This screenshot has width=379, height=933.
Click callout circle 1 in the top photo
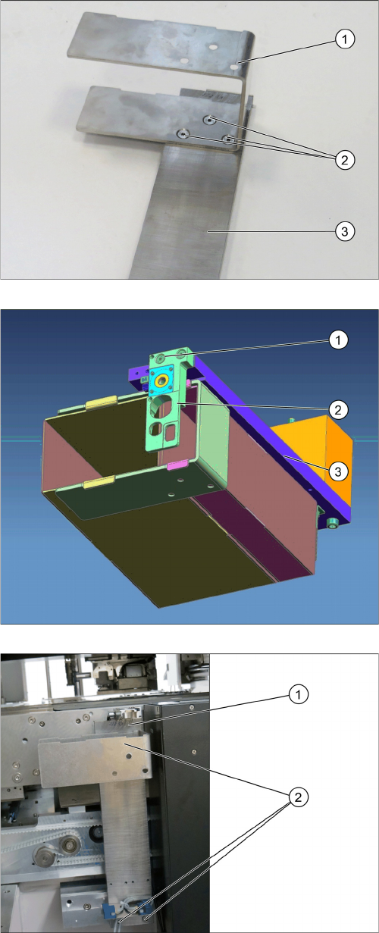coord(344,39)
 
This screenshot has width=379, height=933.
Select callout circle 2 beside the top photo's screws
coord(344,160)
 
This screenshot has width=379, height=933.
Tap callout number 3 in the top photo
coord(344,231)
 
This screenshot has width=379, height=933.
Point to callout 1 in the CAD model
coord(338,340)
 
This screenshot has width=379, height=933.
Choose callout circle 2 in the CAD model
coord(338,410)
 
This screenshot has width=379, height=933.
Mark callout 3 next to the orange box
coord(338,471)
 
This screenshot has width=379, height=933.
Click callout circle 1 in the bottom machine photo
coord(298,694)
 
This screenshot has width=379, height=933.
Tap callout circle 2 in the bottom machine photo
coord(298,797)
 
